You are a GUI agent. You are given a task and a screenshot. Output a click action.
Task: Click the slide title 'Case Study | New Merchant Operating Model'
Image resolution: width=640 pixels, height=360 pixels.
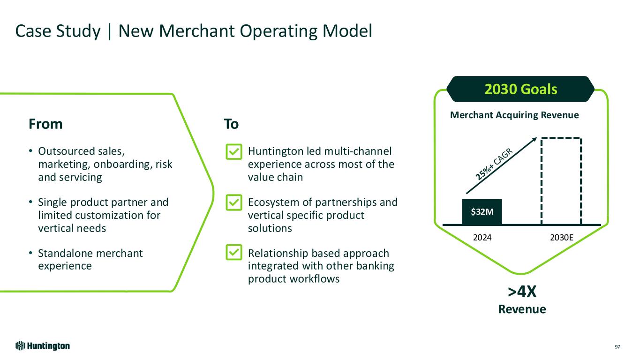tap(194, 31)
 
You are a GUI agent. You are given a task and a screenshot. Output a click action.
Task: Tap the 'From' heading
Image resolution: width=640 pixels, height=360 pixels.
tap(45, 124)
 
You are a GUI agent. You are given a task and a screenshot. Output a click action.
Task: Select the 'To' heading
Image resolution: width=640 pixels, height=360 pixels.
tap(231, 124)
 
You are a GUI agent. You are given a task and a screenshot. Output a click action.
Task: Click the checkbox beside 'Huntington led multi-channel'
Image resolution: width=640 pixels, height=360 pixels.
tap(234, 152)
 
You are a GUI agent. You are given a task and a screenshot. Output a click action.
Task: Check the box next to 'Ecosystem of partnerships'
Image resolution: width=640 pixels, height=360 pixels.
tap(234, 202)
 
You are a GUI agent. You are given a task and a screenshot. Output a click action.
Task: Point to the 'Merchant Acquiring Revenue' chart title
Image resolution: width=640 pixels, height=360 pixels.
tap(514, 115)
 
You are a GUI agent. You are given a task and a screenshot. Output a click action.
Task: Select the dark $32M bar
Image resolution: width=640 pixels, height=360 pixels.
tap(482, 212)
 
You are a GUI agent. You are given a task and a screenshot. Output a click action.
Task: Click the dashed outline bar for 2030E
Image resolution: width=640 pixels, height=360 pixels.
tap(561, 181)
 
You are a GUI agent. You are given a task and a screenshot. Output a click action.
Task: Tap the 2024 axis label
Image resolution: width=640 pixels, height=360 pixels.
tap(482, 237)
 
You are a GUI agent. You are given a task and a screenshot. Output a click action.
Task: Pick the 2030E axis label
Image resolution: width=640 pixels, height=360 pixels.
tap(561, 237)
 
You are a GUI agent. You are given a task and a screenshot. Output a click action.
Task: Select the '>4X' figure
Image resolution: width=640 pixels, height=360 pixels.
tap(522, 292)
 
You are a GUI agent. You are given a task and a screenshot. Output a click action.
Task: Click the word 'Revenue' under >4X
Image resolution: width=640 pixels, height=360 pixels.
tap(522, 309)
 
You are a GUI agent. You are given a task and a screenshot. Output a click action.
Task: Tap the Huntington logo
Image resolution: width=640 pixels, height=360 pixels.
tap(43, 346)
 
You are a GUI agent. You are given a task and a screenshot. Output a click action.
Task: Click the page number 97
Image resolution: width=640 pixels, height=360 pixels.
tap(617, 347)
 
